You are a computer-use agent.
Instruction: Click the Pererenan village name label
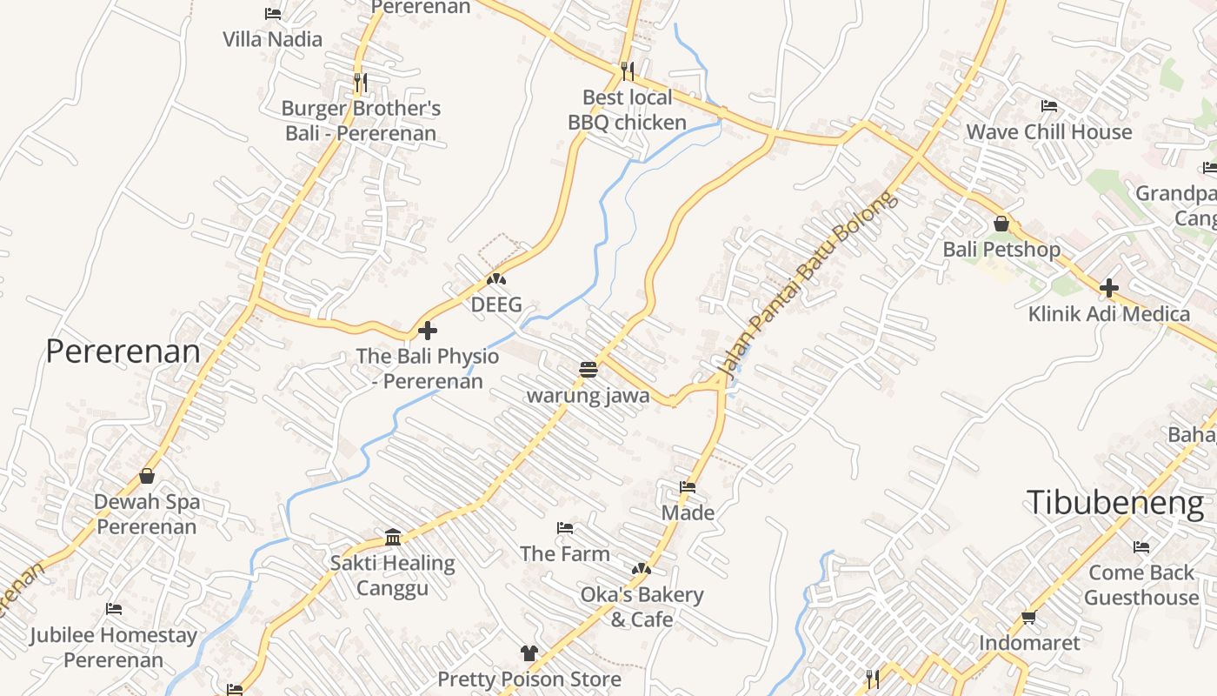point(123,351)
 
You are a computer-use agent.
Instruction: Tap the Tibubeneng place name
point(1115,503)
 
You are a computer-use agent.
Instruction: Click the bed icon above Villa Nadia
point(272,14)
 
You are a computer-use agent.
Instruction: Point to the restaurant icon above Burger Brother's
point(360,83)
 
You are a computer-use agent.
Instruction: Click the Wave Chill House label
point(1049,132)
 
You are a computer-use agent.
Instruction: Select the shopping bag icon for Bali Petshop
point(1001,224)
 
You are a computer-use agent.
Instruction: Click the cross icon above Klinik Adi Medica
point(1108,288)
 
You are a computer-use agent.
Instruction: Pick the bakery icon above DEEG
point(496,279)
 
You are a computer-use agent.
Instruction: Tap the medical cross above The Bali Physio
point(427,331)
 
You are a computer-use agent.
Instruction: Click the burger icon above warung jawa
point(589,370)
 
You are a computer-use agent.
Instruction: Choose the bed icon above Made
point(688,487)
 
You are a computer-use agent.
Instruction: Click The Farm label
point(565,553)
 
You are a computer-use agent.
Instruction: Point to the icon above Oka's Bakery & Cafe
point(642,569)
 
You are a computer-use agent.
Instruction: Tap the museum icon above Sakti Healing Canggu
point(392,537)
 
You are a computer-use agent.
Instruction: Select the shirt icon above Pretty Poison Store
point(529,652)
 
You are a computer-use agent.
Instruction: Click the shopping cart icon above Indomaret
point(1029,618)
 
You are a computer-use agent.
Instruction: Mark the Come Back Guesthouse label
point(1141,585)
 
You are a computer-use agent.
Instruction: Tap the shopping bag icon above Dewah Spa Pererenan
point(147,476)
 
